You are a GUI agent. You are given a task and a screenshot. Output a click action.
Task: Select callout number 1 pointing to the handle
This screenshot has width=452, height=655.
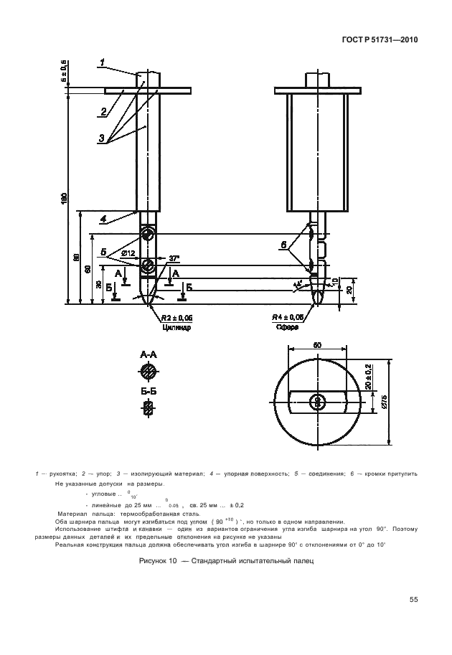pos(103,62)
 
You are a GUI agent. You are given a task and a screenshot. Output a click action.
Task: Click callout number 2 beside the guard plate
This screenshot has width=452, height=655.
pos(103,111)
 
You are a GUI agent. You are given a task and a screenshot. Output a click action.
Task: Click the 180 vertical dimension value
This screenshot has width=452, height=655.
pos(63,198)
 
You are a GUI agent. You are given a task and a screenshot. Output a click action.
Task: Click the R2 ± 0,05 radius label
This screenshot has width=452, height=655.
pos(176,316)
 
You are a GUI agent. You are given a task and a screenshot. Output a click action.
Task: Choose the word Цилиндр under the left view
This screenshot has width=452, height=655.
pos(176,326)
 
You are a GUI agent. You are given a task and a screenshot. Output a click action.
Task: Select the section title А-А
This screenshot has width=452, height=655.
pos(149,354)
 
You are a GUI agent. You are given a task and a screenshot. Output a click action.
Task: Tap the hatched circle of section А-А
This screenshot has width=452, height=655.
pos(149,372)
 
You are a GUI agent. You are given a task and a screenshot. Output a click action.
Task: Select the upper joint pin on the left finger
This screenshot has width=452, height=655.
pos(148,235)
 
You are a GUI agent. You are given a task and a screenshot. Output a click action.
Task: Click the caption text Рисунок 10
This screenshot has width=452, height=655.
pos(158,561)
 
